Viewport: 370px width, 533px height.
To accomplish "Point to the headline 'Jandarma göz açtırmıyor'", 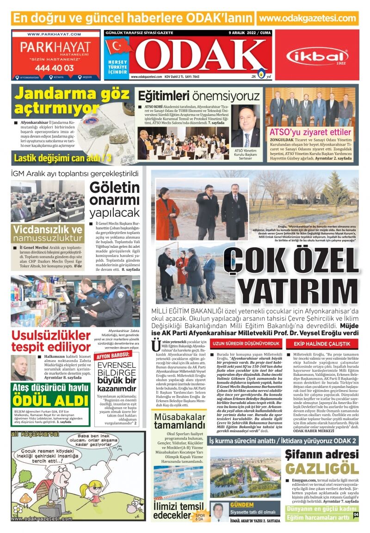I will pyautogui.click(x=72, y=101).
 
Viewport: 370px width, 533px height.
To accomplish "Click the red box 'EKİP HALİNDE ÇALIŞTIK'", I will pyautogui.click(x=319, y=343).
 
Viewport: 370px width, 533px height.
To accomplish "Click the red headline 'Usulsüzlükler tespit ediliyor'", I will pyautogui.click(x=51, y=341).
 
